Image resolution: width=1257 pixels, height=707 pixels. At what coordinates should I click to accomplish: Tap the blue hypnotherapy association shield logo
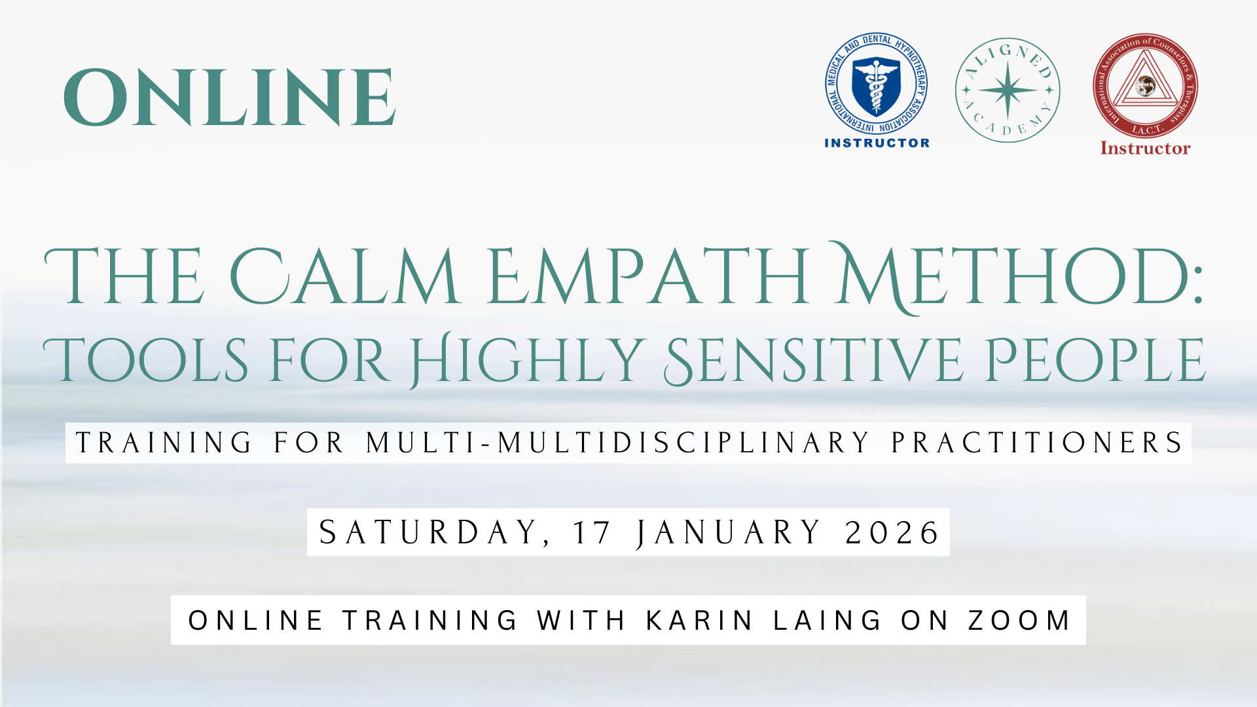pos(876,84)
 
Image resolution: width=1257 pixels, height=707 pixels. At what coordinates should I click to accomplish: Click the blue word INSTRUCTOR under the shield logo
pos(877,143)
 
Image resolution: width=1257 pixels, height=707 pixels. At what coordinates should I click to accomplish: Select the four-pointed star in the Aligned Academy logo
pos(1008,90)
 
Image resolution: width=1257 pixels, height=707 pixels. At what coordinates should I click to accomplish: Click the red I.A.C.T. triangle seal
pos(1145,86)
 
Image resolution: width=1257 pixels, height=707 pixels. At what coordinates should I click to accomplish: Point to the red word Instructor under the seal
pos(1145,149)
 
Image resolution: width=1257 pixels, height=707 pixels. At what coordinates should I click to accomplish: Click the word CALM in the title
pos(344,276)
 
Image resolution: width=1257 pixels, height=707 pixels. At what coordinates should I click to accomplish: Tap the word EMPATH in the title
pos(648,276)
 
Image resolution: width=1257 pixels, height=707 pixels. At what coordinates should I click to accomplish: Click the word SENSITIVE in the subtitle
pos(813,360)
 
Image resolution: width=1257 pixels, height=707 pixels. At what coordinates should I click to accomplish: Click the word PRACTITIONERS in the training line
pos(1037,443)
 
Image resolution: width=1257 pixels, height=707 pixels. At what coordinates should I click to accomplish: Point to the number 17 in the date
pos(592,533)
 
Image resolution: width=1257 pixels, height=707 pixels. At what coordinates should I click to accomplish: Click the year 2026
pos(892,533)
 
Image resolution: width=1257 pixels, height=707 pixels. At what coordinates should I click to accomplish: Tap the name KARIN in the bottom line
pos(699,621)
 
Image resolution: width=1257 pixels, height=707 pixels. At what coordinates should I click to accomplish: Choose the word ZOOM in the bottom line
pos(1019,621)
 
